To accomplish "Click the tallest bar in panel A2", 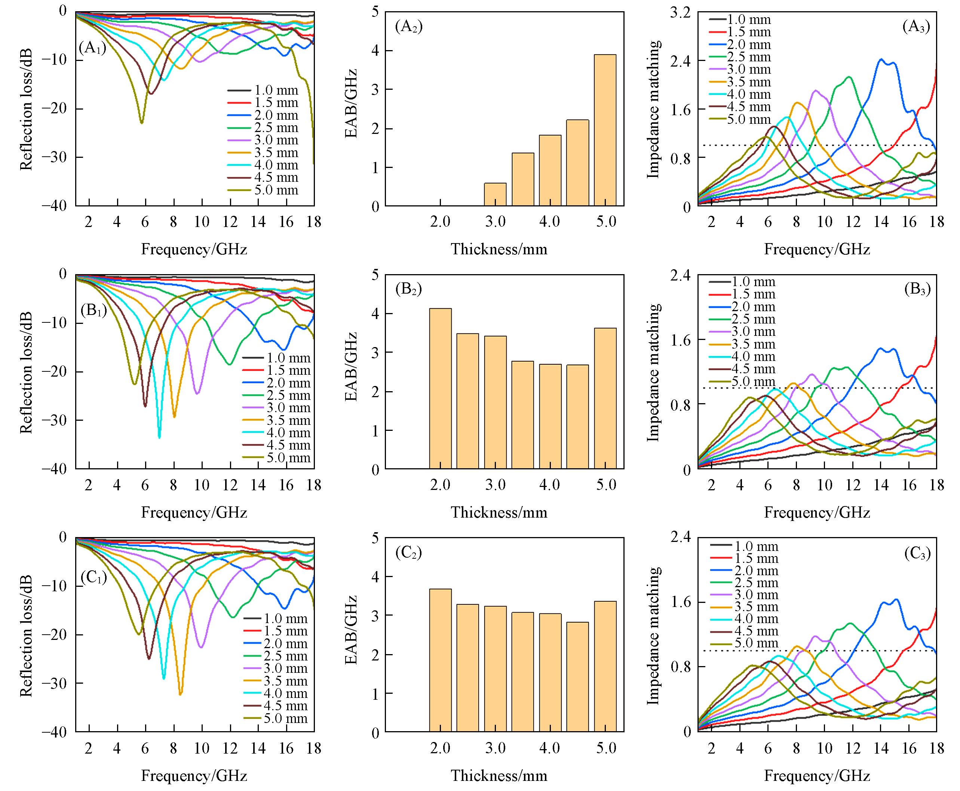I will point(605,130).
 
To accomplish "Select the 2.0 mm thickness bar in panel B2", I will point(440,389).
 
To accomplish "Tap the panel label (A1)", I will point(92,48).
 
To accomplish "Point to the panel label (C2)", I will point(409,553).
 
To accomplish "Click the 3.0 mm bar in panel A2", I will point(495,194).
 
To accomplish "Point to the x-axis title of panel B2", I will point(499,512).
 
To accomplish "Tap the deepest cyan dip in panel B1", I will point(159,437).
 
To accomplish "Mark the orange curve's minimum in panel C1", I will point(180,694).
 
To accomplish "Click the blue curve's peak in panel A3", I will point(881,59).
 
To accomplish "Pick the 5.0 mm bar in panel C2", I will point(605,666).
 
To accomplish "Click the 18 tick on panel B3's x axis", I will point(936,485).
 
